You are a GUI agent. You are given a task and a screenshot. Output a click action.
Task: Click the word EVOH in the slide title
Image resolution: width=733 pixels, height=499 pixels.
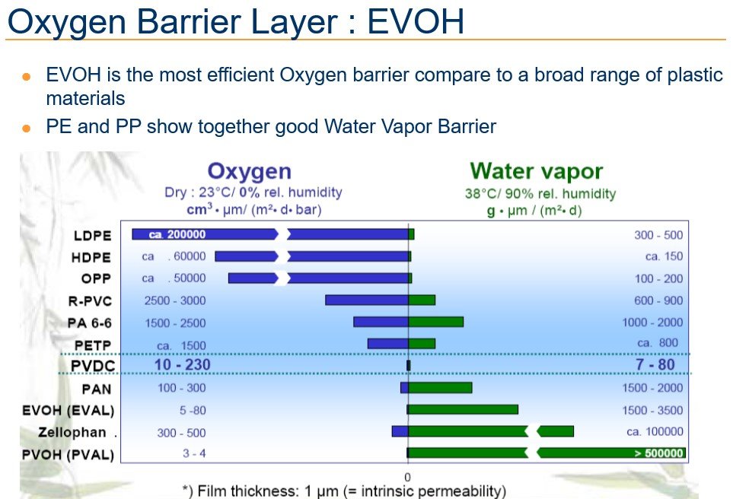[416, 21]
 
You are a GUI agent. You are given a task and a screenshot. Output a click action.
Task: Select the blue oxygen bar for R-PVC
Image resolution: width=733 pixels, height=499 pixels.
[367, 300]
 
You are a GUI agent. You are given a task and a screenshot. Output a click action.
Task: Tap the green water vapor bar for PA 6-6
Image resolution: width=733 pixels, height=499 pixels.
[436, 322]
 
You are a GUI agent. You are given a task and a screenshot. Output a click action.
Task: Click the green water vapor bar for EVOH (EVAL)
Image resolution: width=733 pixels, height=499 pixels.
[464, 410]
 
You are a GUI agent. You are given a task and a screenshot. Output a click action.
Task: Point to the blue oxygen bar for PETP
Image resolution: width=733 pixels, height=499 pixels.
[388, 344]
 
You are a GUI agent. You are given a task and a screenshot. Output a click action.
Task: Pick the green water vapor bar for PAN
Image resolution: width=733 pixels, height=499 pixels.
[441, 388]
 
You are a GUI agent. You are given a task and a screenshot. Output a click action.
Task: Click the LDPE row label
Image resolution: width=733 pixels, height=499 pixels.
[93, 236]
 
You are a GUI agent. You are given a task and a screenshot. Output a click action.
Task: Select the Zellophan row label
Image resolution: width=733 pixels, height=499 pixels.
[72, 433]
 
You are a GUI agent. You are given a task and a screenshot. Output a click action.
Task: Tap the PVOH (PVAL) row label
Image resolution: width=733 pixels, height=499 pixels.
[69, 455]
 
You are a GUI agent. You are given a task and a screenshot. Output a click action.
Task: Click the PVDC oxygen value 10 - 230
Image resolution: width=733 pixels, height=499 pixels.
[183, 365]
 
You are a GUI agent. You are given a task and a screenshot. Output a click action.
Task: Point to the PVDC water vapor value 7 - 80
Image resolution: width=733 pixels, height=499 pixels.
[655, 364]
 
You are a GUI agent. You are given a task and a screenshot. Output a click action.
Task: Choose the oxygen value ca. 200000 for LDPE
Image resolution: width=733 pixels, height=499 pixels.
[177, 234]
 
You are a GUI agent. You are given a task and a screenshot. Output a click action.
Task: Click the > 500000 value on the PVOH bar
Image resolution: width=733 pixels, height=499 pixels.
[659, 453]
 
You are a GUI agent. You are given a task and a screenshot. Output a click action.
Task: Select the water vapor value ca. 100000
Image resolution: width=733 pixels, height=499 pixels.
[655, 432]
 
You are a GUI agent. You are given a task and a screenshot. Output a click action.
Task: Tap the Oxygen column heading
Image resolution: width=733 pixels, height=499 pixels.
[250, 172]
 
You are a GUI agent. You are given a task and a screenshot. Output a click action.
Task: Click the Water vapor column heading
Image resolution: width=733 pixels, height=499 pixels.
[536, 171]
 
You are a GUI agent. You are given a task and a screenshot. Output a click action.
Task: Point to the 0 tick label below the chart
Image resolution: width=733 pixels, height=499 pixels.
[408, 477]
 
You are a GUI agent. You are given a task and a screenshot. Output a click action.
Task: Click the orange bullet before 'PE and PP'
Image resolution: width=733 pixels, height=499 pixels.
[27, 128]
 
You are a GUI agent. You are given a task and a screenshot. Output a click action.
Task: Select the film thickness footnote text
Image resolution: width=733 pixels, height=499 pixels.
[345, 491]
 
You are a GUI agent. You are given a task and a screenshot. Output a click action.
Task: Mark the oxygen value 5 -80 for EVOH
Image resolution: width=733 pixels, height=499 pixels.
[193, 411]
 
